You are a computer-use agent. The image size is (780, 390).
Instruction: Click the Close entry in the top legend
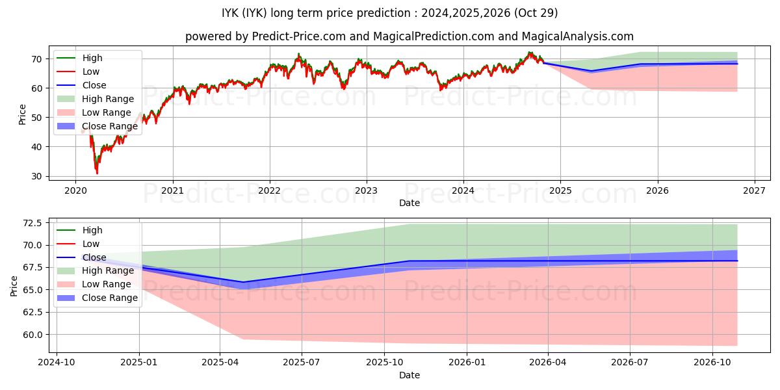94,85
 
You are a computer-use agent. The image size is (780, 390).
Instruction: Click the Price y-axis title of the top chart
23,114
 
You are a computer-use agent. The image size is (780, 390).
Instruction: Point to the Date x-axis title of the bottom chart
409,375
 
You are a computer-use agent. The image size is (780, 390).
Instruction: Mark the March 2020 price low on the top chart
97,173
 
